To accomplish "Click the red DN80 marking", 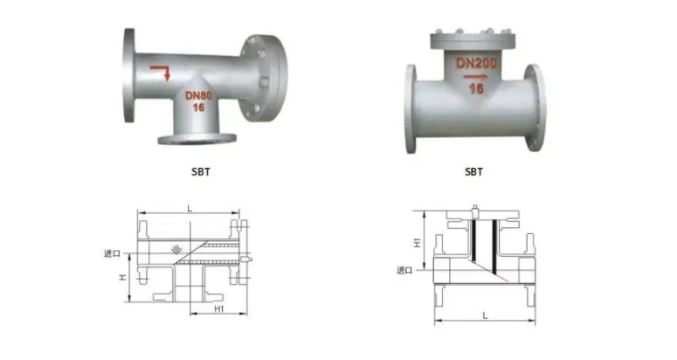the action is (198, 95).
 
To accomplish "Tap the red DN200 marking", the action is (476, 63).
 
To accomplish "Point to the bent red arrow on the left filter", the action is (160, 73).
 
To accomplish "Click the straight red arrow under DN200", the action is (476, 77).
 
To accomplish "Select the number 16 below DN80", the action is (198, 107).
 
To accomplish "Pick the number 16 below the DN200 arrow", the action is (476, 88).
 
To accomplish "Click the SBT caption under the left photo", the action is (201, 172).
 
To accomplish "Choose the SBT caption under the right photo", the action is (473, 172).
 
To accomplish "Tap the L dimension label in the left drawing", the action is (190, 209).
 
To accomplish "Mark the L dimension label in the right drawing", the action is (485, 316).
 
